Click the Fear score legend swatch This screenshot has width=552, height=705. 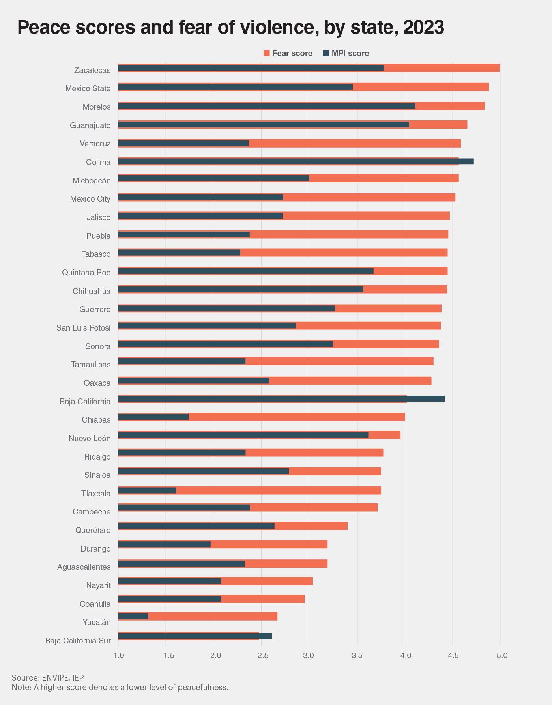(x=266, y=53)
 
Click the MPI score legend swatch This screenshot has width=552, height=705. (x=326, y=53)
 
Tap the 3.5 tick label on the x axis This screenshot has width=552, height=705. (x=357, y=655)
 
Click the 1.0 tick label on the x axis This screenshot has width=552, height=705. (x=118, y=655)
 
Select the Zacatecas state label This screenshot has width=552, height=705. (x=92, y=70)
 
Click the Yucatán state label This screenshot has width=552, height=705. (x=97, y=622)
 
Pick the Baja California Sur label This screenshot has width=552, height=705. (x=78, y=641)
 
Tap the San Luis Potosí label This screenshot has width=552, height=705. (x=83, y=328)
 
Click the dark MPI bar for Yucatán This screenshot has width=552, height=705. (x=133, y=616)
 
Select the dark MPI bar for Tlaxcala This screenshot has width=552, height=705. (x=147, y=490)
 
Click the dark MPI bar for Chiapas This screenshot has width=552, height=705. (x=153, y=417)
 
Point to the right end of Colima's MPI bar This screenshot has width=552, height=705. (x=473, y=161)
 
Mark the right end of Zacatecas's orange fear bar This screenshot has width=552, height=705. (x=499, y=68)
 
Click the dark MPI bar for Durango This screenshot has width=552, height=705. (x=165, y=544)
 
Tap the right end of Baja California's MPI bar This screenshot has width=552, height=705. (x=444, y=398)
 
